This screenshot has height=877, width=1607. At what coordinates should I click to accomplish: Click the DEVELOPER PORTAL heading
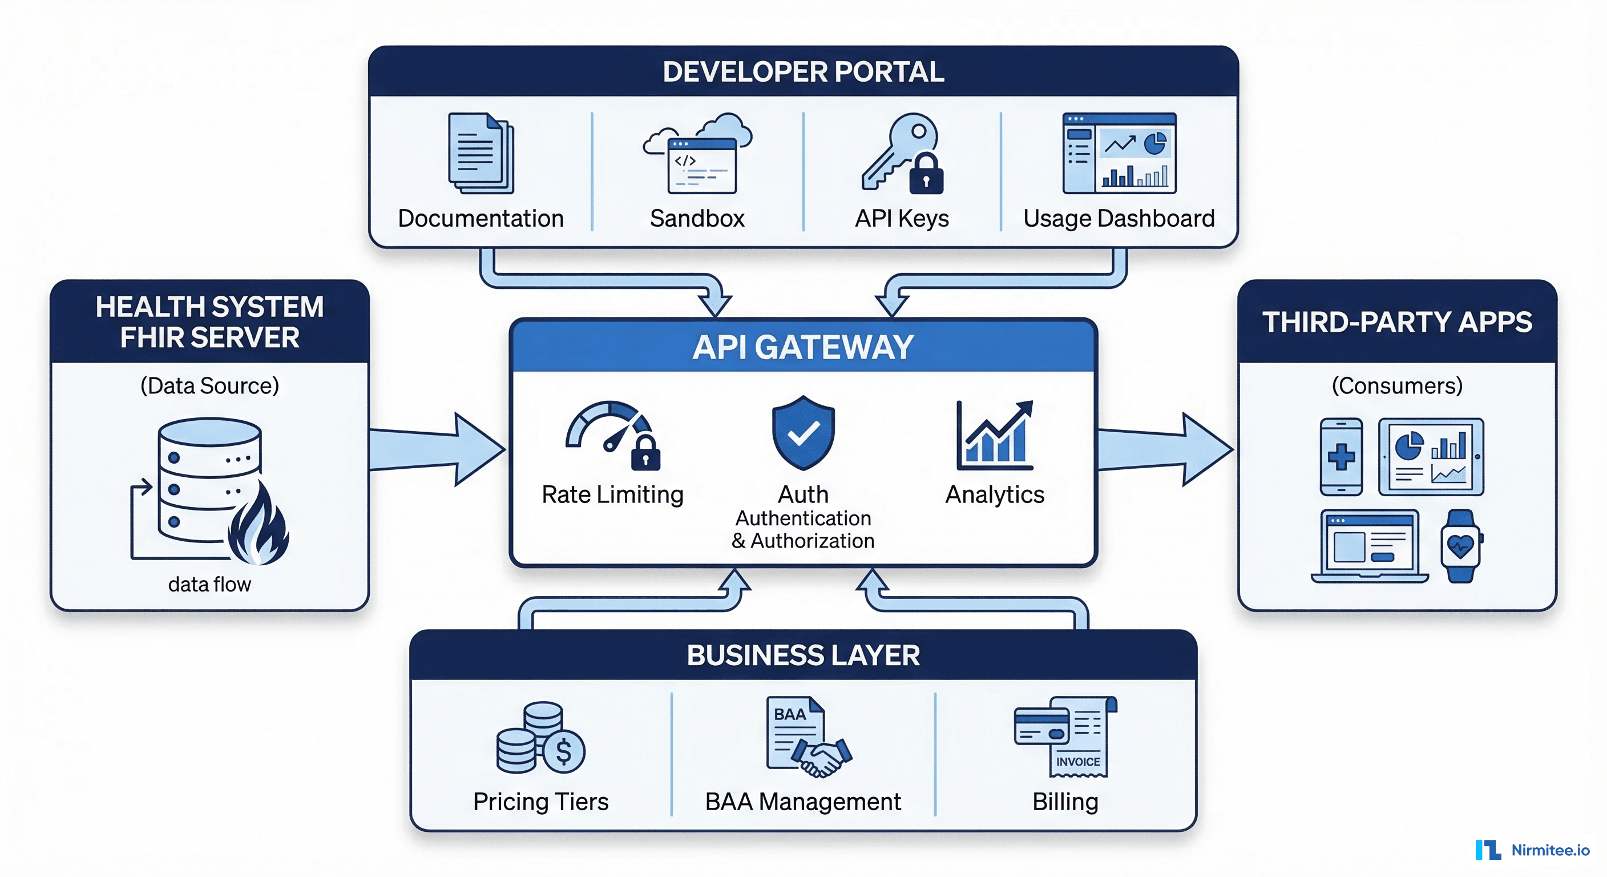803,72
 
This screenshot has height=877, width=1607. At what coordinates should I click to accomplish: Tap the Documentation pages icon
481,153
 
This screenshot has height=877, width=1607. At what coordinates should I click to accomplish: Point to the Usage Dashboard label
1119,219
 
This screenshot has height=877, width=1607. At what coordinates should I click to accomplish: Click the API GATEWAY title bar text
803,347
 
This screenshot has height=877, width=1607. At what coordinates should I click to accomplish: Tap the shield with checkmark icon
803,432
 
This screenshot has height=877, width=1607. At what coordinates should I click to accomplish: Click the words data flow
209,584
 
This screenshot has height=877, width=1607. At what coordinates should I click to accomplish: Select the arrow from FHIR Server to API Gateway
437,449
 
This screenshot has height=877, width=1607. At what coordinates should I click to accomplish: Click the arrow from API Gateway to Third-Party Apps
1164,449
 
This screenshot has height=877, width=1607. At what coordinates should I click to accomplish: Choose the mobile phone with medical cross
1340,457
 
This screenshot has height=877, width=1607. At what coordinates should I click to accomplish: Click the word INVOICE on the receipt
1078,762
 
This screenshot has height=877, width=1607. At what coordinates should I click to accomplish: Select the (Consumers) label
1397,386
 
